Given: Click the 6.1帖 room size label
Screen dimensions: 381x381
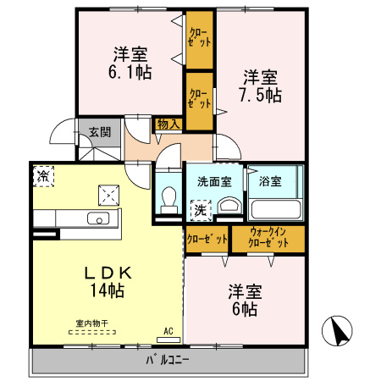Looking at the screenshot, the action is (x=130, y=72).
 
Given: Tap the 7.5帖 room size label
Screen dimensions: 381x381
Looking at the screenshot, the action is (x=260, y=95).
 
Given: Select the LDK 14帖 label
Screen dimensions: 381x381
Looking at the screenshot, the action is (x=108, y=282).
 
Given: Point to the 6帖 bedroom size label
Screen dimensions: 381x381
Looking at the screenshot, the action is (x=245, y=308).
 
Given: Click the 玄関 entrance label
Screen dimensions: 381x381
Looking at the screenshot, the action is (x=100, y=132).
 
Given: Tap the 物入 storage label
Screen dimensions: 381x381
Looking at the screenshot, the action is (x=168, y=124).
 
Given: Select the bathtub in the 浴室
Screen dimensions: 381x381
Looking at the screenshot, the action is (x=276, y=209).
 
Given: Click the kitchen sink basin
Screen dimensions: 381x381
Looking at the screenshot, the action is (x=98, y=218).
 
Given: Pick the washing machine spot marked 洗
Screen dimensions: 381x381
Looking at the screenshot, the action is (x=201, y=210).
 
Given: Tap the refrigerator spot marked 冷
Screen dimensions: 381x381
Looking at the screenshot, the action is (x=43, y=176).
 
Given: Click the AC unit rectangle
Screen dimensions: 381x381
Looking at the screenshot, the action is (x=168, y=340).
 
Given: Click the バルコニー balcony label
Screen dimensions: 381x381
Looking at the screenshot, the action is (x=168, y=360).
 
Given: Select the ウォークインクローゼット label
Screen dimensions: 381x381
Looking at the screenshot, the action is (x=268, y=238).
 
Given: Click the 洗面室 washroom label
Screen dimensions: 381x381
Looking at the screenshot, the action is (x=214, y=182).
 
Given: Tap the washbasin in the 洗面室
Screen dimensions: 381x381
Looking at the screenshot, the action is (x=229, y=205).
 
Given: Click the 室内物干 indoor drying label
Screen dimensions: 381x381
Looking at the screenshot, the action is (x=92, y=323).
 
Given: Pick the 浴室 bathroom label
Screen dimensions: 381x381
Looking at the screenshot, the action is (x=270, y=181).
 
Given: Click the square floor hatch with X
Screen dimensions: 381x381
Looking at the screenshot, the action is (x=108, y=196).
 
